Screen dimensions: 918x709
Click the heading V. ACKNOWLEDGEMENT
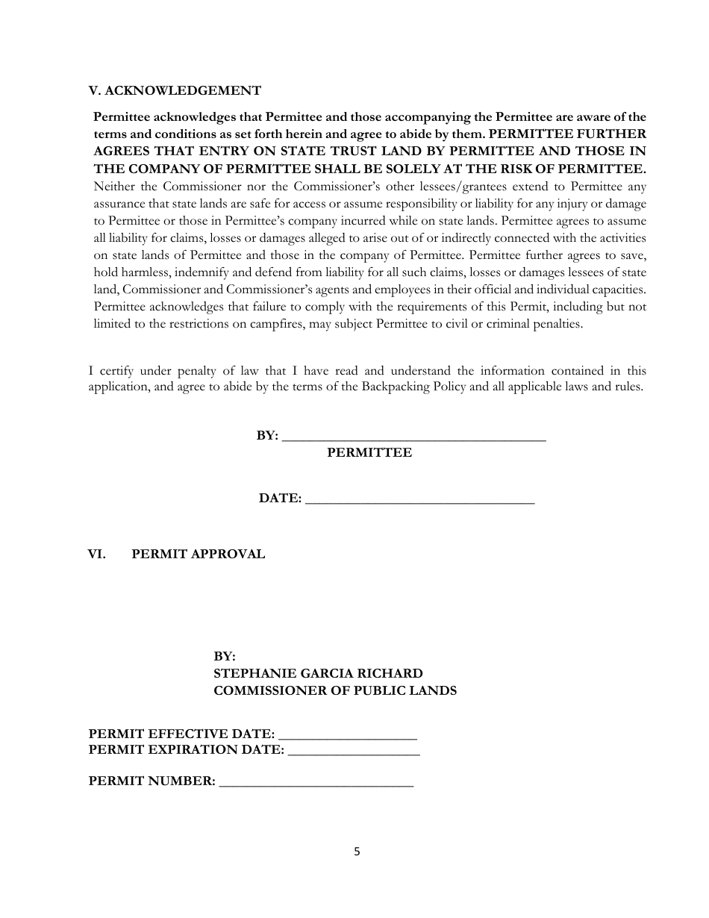pos(175,91)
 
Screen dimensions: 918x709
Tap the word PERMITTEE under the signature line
pos(369,453)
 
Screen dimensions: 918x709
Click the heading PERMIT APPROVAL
pos(198,555)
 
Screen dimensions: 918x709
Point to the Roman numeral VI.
pos(96,555)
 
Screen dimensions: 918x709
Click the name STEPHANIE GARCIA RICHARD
pos(318,674)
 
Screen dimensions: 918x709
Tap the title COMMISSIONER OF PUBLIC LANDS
pos(335,691)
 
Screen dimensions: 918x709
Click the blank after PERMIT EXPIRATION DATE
pos(353,752)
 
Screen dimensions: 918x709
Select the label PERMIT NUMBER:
pos(152,781)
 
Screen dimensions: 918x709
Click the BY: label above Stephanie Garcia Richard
pos(225,657)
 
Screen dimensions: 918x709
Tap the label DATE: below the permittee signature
pos(280,499)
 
